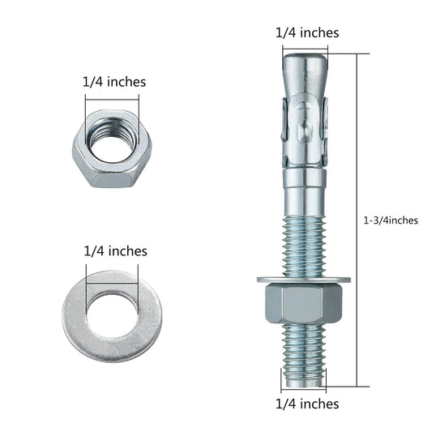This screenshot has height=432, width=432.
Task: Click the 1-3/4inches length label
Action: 392,220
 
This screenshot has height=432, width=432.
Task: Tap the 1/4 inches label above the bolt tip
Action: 307,32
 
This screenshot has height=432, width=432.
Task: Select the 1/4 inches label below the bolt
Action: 307,403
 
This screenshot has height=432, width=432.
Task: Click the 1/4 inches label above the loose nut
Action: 114,82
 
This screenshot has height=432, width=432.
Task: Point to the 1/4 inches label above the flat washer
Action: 114,250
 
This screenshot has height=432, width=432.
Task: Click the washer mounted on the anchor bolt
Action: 305,280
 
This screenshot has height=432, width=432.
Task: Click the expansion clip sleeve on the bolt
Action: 305,126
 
